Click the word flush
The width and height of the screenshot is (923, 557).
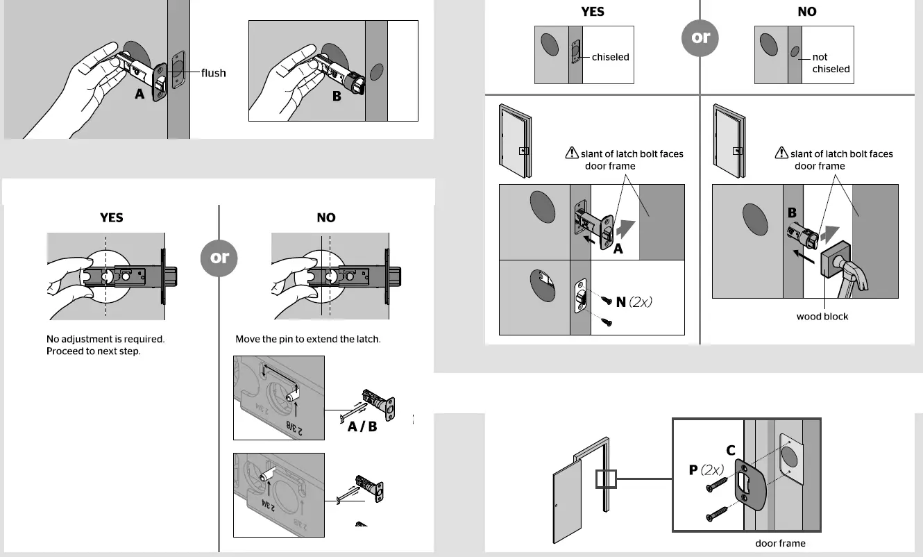pyautogui.click(x=213, y=72)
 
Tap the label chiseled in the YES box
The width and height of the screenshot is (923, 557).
pyautogui.click(x=610, y=57)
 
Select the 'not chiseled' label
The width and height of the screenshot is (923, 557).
pyautogui.click(x=830, y=63)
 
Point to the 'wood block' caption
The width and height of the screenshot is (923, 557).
pyautogui.click(x=822, y=317)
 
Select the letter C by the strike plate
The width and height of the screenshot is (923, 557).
pyautogui.click(x=731, y=451)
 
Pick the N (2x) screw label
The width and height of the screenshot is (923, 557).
pyautogui.click(x=634, y=302)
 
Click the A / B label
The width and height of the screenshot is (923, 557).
pyautogui.click(x=362, y=426)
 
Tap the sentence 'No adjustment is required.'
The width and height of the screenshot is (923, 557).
pyautogui.click(x=105, y=340)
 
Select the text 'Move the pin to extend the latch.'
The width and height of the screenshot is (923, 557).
pyautogui.click(x=308, y=340)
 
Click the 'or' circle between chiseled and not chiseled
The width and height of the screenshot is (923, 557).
pyautogui.click(x=700, y=37)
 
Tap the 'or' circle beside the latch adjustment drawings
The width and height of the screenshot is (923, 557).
pyautogui.click(x=219, y=258)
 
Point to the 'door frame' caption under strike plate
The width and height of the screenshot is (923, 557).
pyautogui.click(x=780, y=543)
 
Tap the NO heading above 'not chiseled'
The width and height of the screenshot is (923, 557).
pyautogui.click(x=807, y=12)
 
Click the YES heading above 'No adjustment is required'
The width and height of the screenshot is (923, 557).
pyautogui.click(x=111, y=217)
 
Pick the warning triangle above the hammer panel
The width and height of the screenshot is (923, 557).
pyautogui.click(x=781, y=153)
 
